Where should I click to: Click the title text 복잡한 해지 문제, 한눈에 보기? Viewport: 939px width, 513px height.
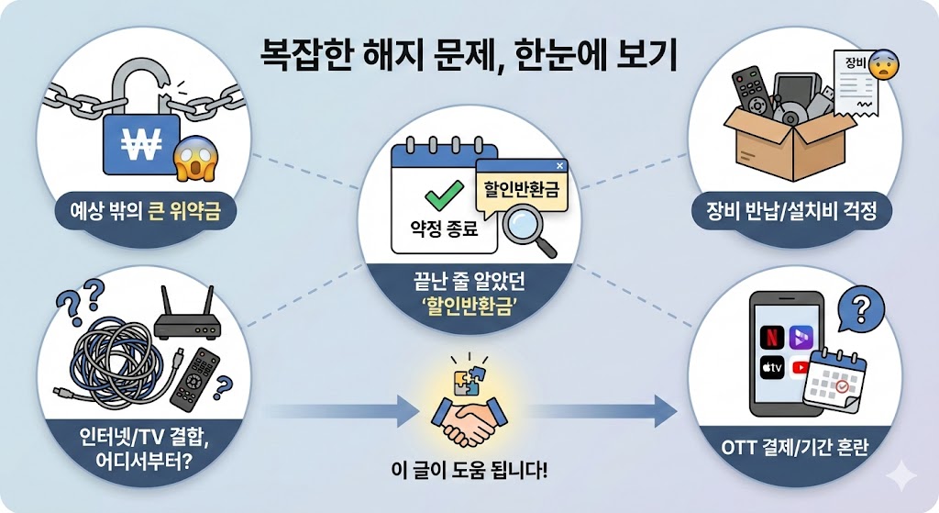coord(469,56)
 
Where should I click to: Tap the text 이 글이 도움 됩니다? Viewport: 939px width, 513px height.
coord(469,474)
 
